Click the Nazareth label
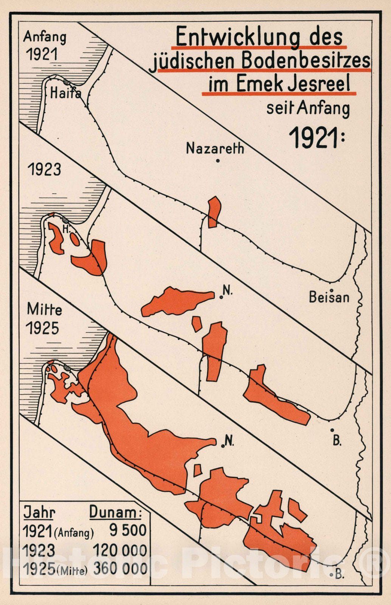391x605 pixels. point(215,149)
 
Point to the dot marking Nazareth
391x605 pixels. point(218,161)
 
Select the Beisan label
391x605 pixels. point(329,297)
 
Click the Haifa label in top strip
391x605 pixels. point(65,93)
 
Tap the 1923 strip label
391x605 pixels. point(44,169)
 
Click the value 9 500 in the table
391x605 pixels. point(128,530)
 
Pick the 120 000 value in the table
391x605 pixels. point(120,550)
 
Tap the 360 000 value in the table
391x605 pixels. point(120,568)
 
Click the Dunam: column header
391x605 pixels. point(115,512)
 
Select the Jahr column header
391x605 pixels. point(39,512)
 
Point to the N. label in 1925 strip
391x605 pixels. point(229,441)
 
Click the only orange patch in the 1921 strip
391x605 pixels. point(214,212)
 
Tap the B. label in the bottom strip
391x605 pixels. point(339,574)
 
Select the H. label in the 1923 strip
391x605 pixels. point(66,229)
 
